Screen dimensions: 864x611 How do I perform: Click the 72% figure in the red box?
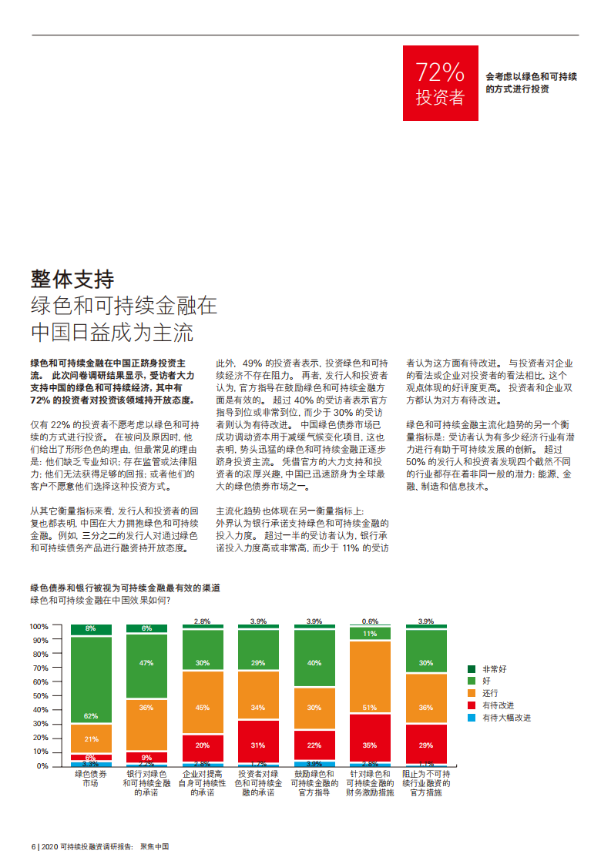click(440, 72)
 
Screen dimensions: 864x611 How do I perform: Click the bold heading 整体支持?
click(72, 279)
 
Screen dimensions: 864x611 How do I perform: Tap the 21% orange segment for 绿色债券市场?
click(91, 738)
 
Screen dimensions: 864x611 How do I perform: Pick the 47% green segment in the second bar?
click(146, 663)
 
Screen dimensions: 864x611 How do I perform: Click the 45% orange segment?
click(203, 707)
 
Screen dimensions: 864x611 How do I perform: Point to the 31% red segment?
click(258, 745)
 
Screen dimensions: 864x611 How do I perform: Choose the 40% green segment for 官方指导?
click(314, 662)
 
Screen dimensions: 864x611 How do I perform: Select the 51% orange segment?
click(370, 708)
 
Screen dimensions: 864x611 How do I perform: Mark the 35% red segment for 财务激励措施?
click(370, 745)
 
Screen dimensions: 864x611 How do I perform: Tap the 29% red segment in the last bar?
click(426, 745)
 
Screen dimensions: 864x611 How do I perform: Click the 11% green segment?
click(370, 634)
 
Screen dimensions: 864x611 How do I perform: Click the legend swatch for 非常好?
click(472, 669)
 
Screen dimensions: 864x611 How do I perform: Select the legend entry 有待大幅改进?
click(506, 718)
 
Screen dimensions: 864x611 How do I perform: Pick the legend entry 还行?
click(490, 693)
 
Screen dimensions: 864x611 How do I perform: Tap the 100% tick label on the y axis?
click(39, 626)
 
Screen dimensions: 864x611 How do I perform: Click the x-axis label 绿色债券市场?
click(91, 778)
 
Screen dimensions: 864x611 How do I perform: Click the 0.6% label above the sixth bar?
click(370, 621)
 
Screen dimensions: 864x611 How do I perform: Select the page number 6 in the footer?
click(32, 846)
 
